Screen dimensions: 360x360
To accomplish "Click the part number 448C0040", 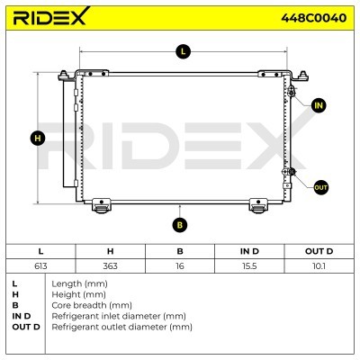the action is pos(313,18).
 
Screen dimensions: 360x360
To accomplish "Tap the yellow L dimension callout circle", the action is pos(183,51).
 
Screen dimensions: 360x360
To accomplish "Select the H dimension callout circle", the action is pos(38,139).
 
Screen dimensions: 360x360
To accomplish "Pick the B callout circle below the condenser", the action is pos(180,225).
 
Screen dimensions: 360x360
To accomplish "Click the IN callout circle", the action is pos(319,105).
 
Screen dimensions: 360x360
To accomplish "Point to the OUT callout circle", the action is pos(320,187).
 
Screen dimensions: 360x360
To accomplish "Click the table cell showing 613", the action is pos(40,265).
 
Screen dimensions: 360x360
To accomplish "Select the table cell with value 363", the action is pos(110,265).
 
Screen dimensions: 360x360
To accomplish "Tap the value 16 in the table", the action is pos(180,265).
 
